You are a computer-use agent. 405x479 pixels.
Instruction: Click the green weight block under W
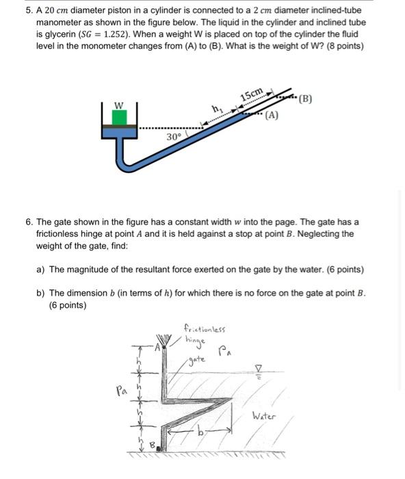119,117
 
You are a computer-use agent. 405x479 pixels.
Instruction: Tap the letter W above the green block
118,105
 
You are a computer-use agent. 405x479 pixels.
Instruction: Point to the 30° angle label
174,136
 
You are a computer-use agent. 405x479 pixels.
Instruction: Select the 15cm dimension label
251,94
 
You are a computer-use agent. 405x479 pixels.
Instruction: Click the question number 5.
27,12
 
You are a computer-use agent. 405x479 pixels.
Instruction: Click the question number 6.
27,222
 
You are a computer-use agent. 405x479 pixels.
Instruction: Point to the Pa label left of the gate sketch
122,391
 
